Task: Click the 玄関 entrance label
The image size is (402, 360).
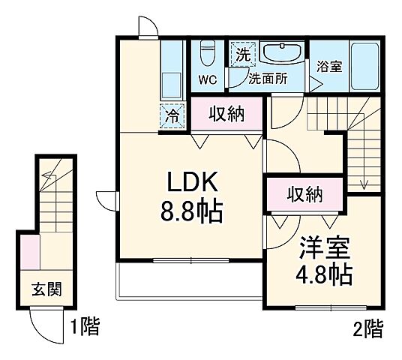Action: (46, 289)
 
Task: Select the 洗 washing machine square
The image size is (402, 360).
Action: (242, 54)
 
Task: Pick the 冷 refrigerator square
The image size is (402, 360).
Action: (172, 115)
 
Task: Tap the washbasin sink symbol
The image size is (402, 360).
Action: (281, 54)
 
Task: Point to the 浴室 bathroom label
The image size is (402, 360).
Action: (330, 66)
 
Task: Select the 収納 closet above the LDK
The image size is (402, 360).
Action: (226, 114)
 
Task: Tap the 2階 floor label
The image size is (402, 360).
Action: (368, 327)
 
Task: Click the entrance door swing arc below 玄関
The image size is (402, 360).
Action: (42, 324)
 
